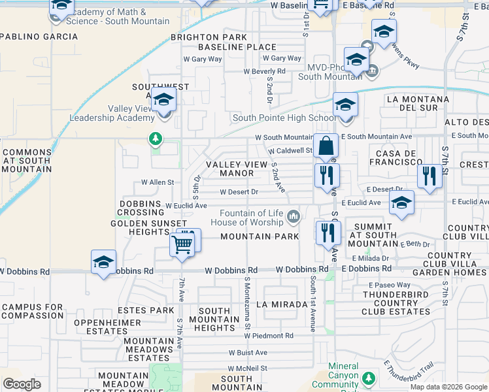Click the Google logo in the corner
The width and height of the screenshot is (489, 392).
tap(22, 384)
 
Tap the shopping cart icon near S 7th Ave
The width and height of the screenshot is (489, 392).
tap(182, 244)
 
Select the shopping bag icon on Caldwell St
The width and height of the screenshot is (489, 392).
tap(325, 146)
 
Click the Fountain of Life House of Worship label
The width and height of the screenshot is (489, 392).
tap(252, 218)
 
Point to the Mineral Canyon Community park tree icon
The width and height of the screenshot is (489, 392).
tap(369, 378)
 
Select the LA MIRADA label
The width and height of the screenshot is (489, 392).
tap(282, 304)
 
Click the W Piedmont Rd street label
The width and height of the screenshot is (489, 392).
tap(269, 335)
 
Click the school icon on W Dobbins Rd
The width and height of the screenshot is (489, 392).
tap(103, 263)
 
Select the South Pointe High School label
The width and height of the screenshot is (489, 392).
tap(284, 118)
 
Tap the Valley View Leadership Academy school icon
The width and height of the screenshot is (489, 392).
tap(163, 100)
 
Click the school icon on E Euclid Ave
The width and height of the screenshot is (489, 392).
tap(401, 203)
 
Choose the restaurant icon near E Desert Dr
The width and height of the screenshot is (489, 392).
tap(429, 175)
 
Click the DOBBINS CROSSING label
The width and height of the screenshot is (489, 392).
tap(140, 208)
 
